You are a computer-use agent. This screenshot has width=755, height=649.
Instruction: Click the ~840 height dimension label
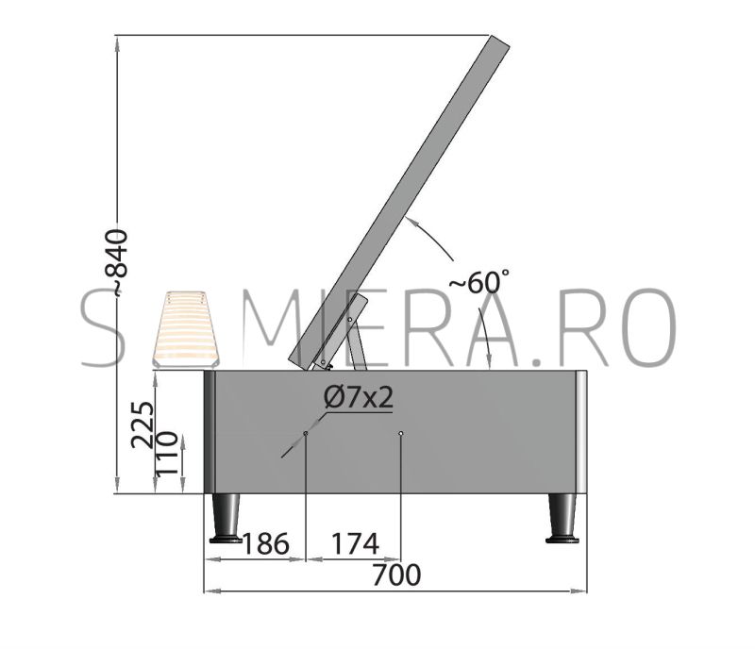click(x=117, y=261)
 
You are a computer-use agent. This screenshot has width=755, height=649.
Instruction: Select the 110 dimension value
click(x=167, y=453)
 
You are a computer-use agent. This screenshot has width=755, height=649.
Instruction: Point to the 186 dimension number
click(x=265, y=544)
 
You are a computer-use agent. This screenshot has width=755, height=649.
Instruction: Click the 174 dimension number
click(x=355, y=544)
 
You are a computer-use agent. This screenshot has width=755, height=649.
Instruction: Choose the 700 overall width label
click(x=396, y=574)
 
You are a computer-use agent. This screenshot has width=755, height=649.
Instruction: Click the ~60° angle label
click(x=478, y=282)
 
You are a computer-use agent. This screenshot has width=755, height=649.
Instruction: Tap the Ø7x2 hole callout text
click(x=359, y=398)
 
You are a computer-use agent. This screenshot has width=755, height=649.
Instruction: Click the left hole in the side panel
click(x=305, y=433)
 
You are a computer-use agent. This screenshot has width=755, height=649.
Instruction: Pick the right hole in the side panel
click(x=400, y=433)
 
